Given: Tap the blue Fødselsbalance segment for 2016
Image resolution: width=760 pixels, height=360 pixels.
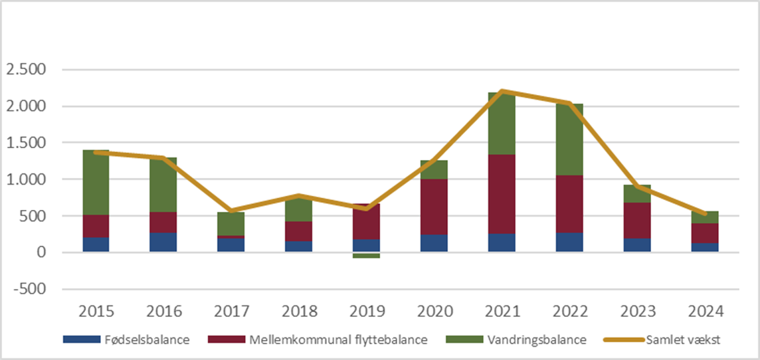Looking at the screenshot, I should coord(164,242).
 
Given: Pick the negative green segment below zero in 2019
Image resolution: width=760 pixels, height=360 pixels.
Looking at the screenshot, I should coord(366,255).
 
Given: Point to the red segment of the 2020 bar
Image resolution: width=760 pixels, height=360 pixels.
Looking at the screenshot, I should coord(434,207).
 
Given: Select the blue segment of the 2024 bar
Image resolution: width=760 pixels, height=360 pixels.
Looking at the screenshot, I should coord(705,247).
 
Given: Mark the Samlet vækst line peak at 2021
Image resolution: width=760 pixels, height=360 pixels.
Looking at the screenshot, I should coord(502,91).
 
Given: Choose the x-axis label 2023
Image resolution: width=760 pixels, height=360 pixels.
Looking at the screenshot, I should coord(637,312).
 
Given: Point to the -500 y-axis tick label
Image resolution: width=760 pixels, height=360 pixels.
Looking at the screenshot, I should coord(29,289).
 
